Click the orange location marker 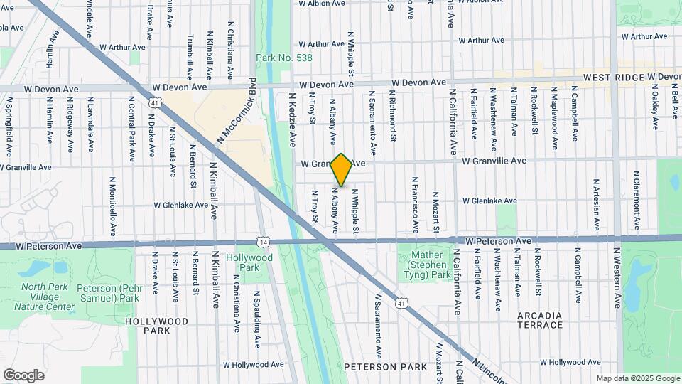point(342,170)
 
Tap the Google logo point(23,375)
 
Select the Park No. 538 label point(274,57)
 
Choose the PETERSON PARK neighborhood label point(386,367)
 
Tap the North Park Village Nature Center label point(48,297)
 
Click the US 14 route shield point(264,242)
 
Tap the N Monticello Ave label point(112,206)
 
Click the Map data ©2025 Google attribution point(637,378)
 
